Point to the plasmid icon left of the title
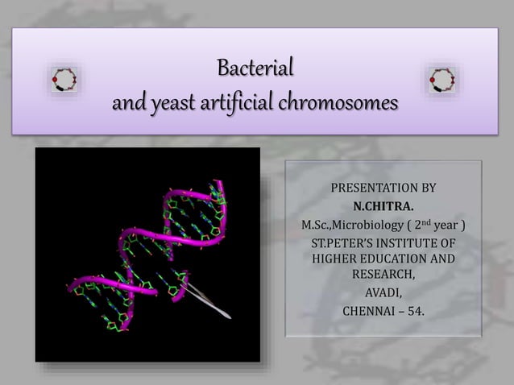(x=64, y=80)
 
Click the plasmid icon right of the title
(x=441, y=80)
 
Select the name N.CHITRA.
(x=383, y=205)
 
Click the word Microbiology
(x=370, y=224)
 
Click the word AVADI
(x=383, y=292)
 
